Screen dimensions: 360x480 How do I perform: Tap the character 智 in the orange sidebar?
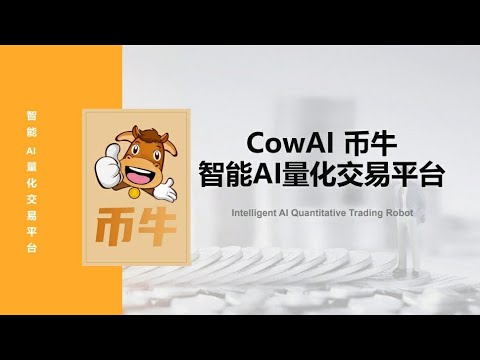[31, 116]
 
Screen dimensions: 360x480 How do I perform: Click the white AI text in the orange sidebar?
[31, 150]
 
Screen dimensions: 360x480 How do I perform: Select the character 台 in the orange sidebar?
[31, 246]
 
